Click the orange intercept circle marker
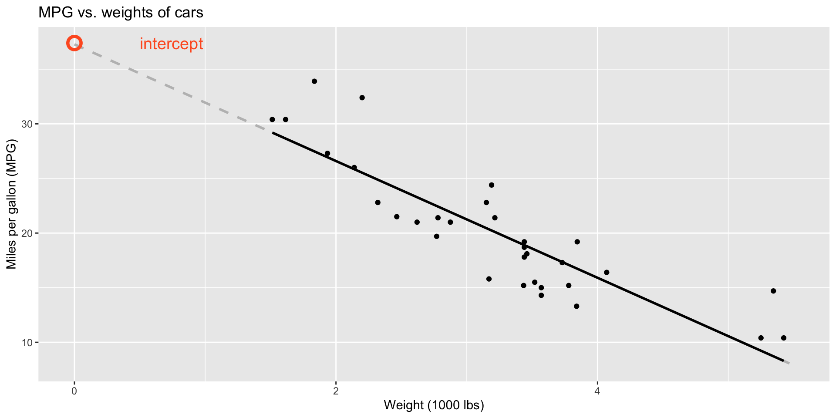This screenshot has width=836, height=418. [x=74, y=44]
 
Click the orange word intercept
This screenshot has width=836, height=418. [x=171, y=44]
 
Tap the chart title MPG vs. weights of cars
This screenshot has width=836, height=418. [x=121, y=13]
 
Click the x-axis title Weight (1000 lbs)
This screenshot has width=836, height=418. [x=434, y=405]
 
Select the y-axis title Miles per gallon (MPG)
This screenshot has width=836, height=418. [x=11, y=204]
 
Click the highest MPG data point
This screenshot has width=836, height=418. [x=314, y=81]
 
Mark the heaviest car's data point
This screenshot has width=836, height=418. [x=784, y=338]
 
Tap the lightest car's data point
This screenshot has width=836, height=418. [x=272, y=119]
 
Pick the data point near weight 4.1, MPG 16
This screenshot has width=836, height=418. [x=607, y=273]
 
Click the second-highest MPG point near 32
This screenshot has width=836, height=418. [x=362, y=98]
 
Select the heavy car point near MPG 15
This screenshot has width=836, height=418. [x=773, y=291]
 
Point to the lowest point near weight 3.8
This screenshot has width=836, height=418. [x=576, y=306]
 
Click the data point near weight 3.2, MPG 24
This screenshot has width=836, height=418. [x=492, y=185]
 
